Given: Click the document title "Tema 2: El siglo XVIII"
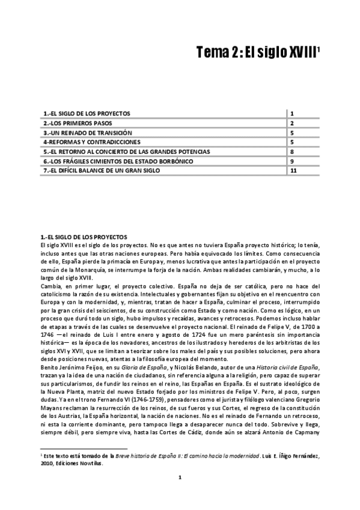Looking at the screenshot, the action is [x=257, y=54].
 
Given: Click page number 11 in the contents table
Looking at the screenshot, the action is [x=293, y=171].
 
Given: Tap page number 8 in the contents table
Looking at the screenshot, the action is [x=291, y=152].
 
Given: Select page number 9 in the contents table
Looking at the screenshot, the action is [x=291, y=161].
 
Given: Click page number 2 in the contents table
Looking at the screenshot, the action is [x=291, y=123].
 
